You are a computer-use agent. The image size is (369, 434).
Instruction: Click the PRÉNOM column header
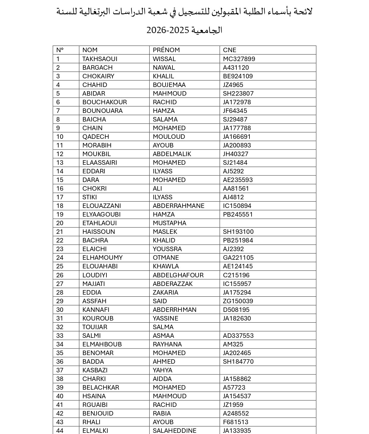(x=166, y=50)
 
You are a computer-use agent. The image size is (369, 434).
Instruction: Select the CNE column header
(x=230, y=50)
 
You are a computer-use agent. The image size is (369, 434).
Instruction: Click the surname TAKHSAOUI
(x=100, y=59)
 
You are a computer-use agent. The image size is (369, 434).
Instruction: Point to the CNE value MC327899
(x=239, y=59)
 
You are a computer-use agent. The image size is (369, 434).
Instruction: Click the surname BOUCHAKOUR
(x=104, y=102)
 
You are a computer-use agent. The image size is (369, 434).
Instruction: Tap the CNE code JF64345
(x=235, y=111)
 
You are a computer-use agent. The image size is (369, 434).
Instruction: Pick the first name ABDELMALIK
(x=172, y=154)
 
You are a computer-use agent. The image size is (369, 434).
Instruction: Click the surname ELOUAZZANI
(x=101, y=206)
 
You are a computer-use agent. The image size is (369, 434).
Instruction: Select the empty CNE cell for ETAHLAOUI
(x=268, y=223)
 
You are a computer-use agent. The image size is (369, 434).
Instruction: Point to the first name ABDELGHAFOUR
(x=178, y=275)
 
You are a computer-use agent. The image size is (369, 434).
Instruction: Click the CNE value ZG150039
(x=238, y=301)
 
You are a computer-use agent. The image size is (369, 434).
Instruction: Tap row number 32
(x=60, y=327)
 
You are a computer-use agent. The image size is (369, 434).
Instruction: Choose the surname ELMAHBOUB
(x=102, y=344)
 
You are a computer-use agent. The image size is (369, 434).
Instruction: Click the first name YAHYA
(x=162, y=370)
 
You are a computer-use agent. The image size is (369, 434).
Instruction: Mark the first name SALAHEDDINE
(x=175, y=430)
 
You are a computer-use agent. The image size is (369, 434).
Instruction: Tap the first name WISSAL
(x=164, y=59)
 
